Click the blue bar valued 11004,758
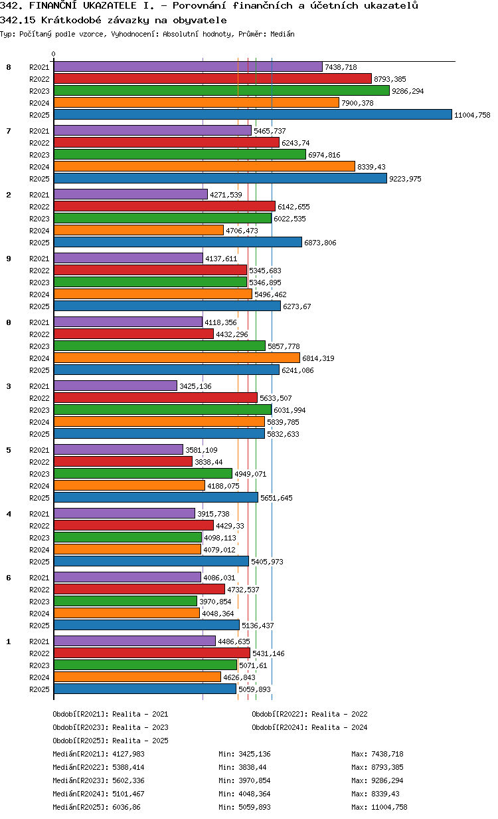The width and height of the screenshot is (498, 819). coord(252,114)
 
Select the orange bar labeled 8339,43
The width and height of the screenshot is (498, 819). coord(205,166)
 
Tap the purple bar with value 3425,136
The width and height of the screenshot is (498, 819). coord(116,386)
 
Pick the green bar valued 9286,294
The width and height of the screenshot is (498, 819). coord(222,90)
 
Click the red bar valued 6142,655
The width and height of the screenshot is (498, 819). coord(165,206)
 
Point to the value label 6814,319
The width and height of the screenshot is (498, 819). coord(318,358)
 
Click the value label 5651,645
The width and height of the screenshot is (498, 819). coord(276,498)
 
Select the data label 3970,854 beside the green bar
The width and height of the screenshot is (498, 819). coord(215,602)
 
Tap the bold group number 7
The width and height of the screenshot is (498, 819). coord(9,131)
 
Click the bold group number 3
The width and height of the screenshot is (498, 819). coord(9,386)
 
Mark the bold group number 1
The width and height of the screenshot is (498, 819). coord(9,642)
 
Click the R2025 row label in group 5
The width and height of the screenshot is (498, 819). coord(39,498)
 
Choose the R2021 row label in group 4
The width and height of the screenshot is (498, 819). coord(39,514)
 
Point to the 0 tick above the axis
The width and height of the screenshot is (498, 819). coord(54,54)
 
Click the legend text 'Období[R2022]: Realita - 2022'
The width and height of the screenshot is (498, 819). coord(309,714)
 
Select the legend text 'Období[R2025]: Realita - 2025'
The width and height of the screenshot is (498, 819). coord(111,741)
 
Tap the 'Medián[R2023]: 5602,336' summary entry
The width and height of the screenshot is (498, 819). coord(98,780)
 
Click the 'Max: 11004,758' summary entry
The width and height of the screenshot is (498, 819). coord(379,807)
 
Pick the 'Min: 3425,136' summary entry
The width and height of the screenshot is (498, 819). coord(244,754)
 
